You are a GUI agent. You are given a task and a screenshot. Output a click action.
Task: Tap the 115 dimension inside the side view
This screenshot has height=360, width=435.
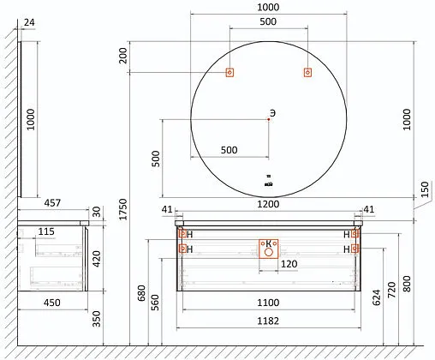[x=46, y=231]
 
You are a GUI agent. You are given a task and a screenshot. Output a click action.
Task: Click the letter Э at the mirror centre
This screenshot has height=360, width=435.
[x=272, y=112]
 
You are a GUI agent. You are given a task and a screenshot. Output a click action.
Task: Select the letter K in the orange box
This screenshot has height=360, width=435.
[x=269, y=243]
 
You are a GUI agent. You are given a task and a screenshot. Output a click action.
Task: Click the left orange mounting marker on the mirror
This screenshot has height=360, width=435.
[x=229, y=73]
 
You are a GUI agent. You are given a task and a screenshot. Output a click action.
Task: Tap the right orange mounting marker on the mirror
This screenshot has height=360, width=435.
[x=307, y=73]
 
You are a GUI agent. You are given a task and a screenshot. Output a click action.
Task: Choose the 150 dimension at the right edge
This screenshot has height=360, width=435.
[x=425, y=189]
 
